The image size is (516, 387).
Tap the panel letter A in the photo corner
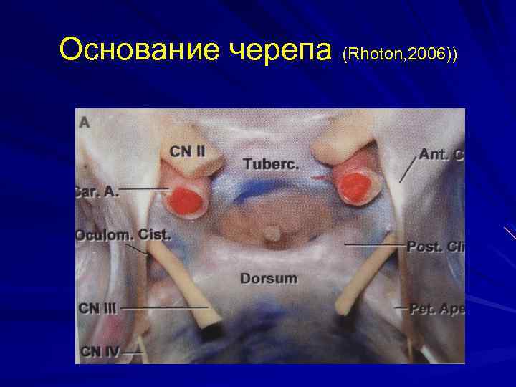(85, 123)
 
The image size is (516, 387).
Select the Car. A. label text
(96, 191)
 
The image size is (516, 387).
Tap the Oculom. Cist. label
(123, 235)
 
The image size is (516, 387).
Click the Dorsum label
(269, 277)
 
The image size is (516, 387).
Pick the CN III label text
(97, 308)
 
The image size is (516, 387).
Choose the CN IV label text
(100, 351)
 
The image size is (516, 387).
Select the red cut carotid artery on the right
(355, 186)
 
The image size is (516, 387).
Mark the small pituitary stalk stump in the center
(271, 234)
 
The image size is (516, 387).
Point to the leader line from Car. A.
(143, 189)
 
